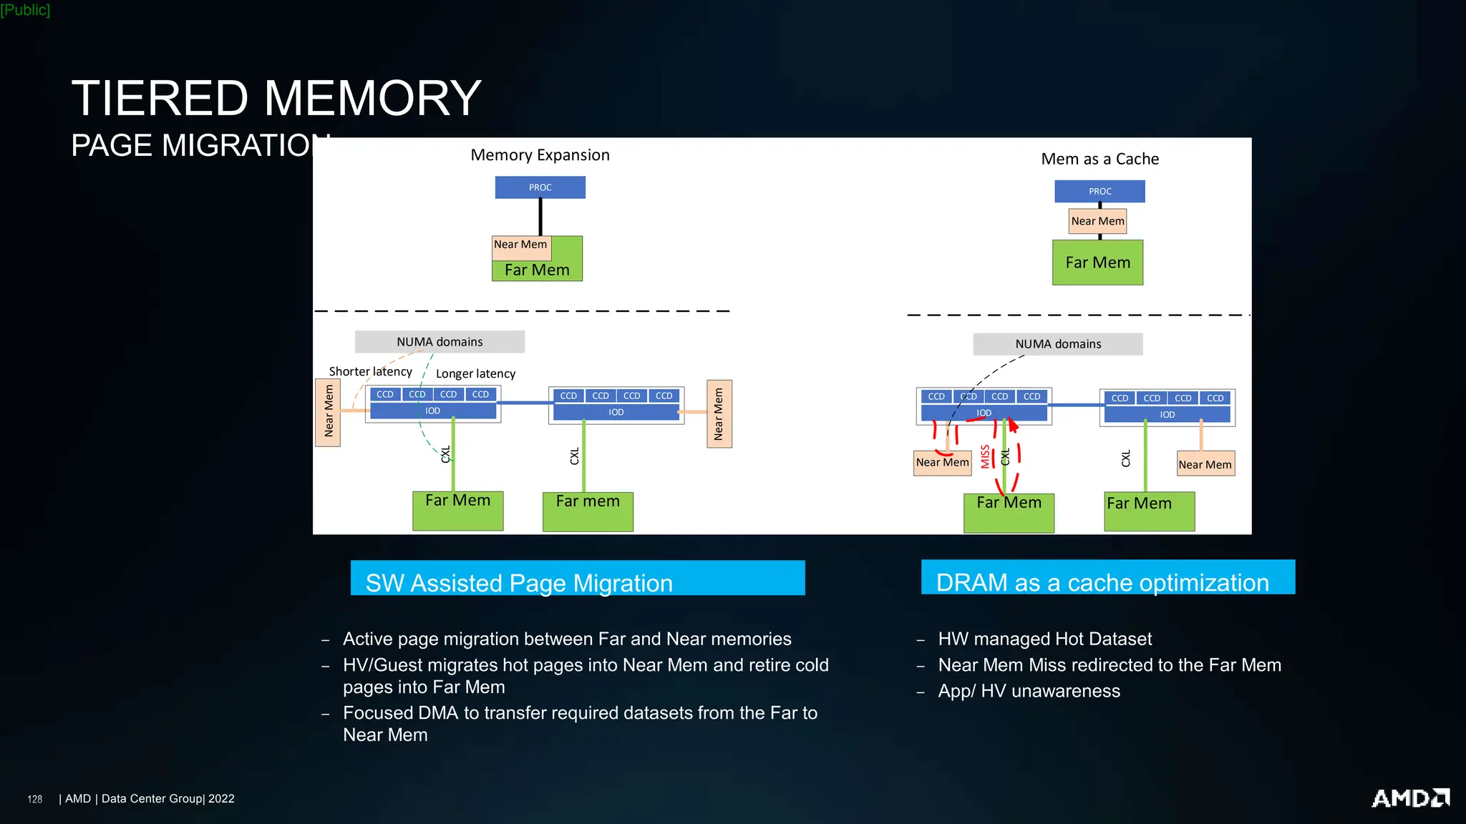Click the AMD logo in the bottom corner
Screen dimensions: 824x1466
1409,798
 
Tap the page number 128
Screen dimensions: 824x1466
34,799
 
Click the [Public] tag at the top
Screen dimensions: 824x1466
25,10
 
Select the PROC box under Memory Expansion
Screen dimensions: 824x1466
540,187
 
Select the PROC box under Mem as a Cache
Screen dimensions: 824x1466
1099,191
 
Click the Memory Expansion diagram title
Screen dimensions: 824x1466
540,155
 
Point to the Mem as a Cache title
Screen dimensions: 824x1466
1099,159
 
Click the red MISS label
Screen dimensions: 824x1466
985,456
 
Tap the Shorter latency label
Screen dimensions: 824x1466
370,371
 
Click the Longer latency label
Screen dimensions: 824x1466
475,373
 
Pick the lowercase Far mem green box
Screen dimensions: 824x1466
588,511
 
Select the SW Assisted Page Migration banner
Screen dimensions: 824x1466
577,578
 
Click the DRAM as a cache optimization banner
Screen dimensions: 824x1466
1107,577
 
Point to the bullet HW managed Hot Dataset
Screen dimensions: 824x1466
1044,639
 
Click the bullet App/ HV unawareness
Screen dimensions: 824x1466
1029,691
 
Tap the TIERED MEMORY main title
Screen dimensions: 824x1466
276,98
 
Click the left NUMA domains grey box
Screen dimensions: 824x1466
440,342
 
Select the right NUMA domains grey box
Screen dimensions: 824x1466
1057,344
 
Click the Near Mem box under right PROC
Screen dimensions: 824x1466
1097,221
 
